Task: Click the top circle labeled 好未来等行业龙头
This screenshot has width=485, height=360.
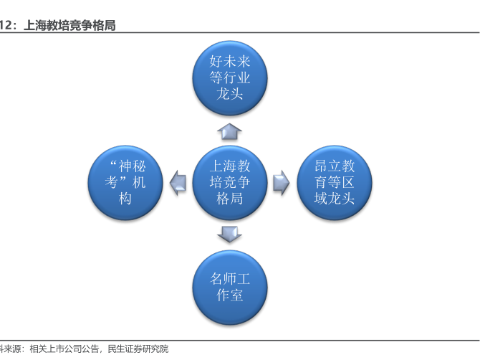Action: [x=230, y=78]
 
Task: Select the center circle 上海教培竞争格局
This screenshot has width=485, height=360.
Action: [x=230, y=183]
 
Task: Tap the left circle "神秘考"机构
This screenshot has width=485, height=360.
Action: [x=125, y=183]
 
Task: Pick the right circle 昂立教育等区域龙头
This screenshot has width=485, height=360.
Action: [x=335, y=183]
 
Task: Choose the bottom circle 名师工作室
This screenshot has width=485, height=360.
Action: [x=230, y=288]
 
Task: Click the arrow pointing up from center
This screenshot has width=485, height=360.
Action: [x=229, y=131]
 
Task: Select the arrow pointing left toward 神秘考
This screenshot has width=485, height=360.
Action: [x=178, y=183]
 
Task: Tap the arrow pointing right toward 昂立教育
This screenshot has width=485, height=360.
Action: [x=282, y=183]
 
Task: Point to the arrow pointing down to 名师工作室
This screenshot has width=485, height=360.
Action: [x=229, y=234]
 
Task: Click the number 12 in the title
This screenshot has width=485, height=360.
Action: [x=6, y=25]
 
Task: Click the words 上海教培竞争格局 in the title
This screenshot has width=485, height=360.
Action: [x=69, y=25]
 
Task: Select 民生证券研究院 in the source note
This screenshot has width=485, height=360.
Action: [x=138, y=349]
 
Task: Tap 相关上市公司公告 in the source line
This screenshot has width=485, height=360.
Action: [x=64, y=349]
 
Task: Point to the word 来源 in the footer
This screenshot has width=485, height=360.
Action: [x=12, y=349]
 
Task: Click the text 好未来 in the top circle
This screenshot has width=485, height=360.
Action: [x=230, y=61]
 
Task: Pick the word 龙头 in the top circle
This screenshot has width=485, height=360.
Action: [x=230, y=93]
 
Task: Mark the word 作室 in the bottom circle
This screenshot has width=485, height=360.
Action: [x=230, y=295]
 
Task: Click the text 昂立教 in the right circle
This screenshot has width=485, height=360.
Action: [x=335, y=166]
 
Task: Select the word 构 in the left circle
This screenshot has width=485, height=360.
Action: [x=125, y=198]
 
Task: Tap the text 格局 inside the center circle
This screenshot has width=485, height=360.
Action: [x=230, y=198]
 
